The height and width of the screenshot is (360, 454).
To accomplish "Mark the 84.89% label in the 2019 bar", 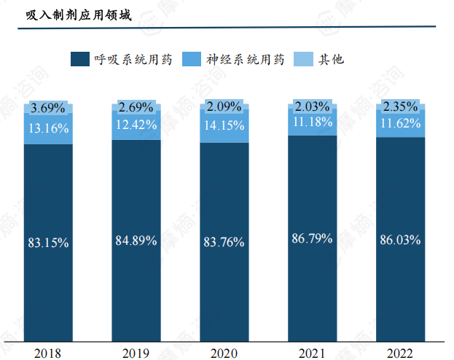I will (x=136, y=240).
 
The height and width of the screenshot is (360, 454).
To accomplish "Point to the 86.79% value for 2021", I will (x=313, y=238).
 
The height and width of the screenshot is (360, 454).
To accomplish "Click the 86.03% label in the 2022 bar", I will (x=400, y=239).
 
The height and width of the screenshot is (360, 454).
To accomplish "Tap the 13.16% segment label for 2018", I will (x=48, y=129).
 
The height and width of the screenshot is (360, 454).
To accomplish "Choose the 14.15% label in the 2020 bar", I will (x=224, y=125).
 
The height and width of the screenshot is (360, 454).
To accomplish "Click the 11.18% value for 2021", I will (x=313, y=121).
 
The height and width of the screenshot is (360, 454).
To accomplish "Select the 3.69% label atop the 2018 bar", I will (x=48, y=109).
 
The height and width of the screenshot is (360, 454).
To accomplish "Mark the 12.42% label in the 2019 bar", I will (x=136, y=125).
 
